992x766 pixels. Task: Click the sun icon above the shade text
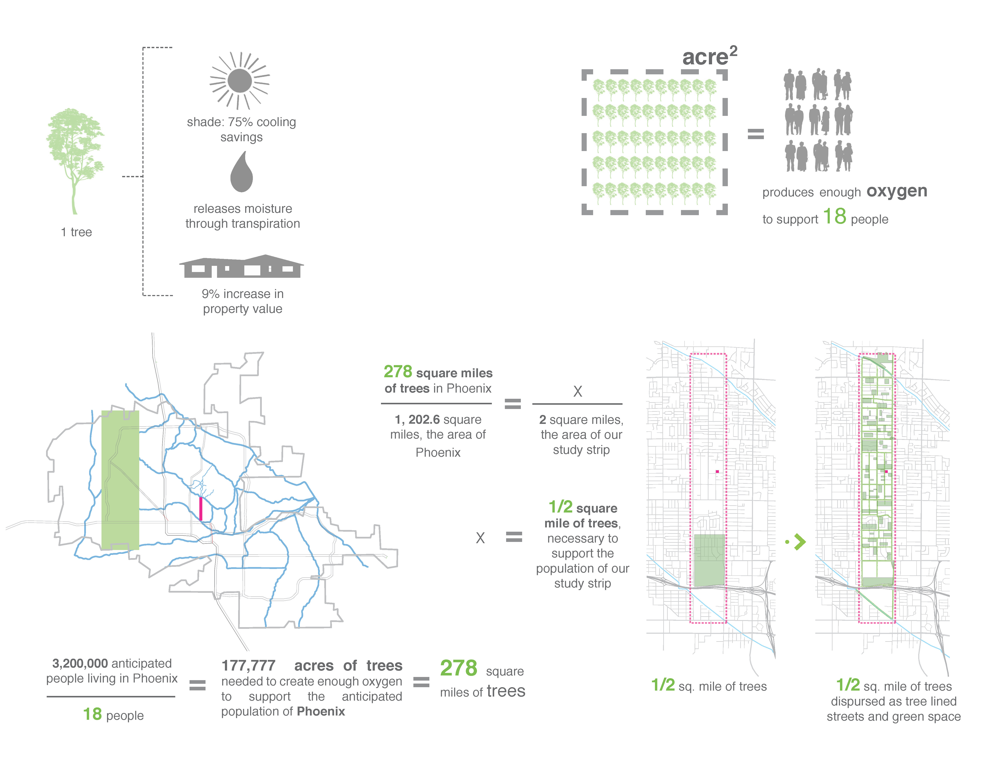(240, 81)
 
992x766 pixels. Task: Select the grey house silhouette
(242, 266)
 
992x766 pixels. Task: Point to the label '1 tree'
(76, 232)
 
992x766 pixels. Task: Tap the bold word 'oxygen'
(897, 191)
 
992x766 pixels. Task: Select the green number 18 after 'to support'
(834, 216)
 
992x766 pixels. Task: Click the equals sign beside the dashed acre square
(756, 134)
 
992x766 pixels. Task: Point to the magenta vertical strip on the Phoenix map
(201, 508)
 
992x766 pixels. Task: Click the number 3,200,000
(80, 664)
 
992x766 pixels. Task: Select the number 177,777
(248, 666)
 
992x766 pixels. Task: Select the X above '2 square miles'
(577, 391)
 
